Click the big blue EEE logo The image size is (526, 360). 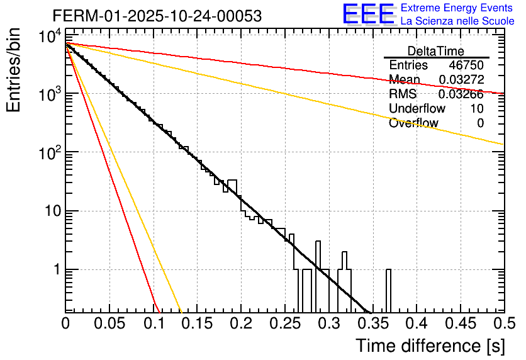coord(367,14)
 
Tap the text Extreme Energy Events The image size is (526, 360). coord(457,8)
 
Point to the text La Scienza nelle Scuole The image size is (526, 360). coord(457,21)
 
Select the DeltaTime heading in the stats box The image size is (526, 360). coord(436,51)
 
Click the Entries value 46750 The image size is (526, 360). coord(466,65)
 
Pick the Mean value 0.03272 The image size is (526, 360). coord(461,80)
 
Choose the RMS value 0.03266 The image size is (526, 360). coord(461,94)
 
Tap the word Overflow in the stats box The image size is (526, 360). coord(413,123)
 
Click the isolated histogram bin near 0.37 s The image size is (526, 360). coord(388,290)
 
